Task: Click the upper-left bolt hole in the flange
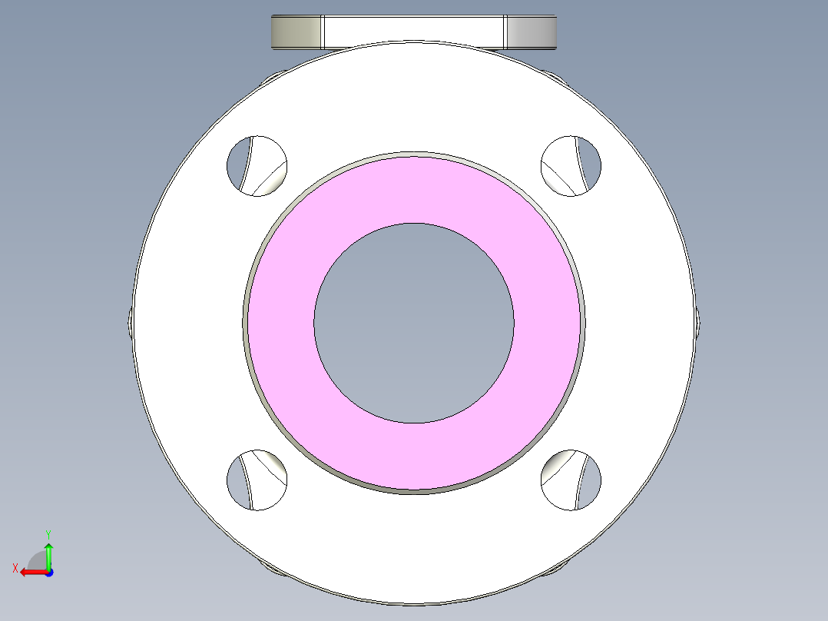[x=257, y=165]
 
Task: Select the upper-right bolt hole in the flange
[x=571, y=165]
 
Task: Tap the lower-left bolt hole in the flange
[x=257, y=480]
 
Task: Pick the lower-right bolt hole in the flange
[x=571, y=480]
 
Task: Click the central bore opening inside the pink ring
[x=413, y=323]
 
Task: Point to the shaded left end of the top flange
[x=296, y=32]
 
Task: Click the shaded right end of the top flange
[x=531, y=32]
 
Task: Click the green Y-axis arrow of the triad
[x=48, y=554]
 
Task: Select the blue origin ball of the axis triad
[x=48, y=572]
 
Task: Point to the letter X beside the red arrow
[x=15, y=568]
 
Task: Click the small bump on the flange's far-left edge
[x=128, y=323]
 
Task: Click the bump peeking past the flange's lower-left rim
[x=273, y=569]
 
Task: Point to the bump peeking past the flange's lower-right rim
[x=555, y=569]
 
